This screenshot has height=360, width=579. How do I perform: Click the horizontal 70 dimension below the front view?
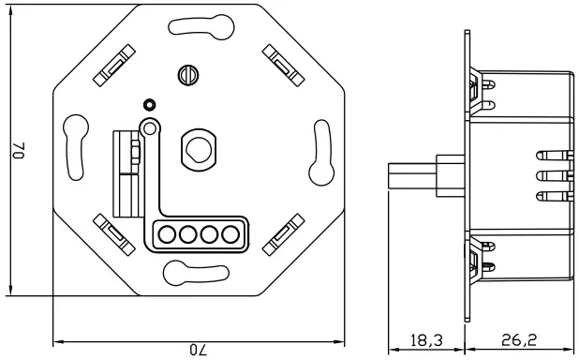pos(198,349)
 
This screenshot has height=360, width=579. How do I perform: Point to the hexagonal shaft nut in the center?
pos(198,146)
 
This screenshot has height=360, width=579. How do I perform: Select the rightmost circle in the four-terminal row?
pos(229,234)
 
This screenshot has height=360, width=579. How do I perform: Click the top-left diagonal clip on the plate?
pos(111,65)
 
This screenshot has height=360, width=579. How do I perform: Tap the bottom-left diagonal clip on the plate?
pos(111,232)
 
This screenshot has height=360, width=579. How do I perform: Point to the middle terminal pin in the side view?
pos(552,175)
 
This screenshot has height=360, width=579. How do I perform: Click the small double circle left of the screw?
pos(147,105)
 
